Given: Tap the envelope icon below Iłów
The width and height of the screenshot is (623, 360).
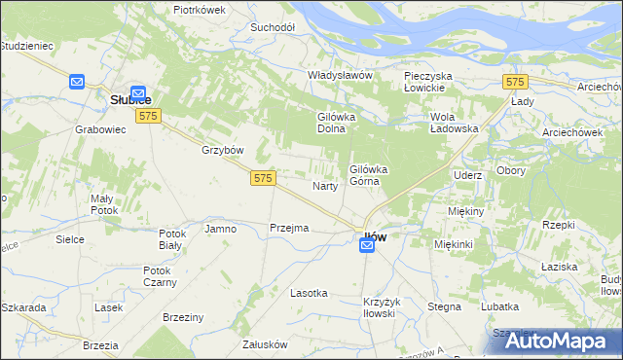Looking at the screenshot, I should point(367,247).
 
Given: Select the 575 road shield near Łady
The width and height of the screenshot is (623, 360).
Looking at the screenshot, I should point(516,82).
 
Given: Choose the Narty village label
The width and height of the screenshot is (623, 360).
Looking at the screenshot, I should point(324,185).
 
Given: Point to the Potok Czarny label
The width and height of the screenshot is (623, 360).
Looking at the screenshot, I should point(160,276).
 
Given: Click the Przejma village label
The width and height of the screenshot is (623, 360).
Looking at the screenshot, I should point(288,228).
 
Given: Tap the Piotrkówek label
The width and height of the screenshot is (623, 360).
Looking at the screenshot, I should point(199,9).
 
